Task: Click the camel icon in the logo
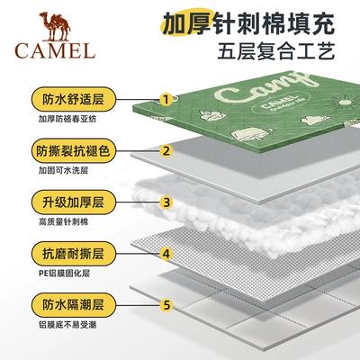point(55,26)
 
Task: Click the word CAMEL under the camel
point(55,50)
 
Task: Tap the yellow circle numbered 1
point(166,99)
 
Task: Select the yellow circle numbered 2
point(166,150)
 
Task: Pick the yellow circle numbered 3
point(166,202)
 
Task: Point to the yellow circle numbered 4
point(166,254)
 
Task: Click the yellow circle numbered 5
point(166,305)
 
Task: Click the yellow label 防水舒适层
point(74,99)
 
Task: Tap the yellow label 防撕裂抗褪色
point(74,150)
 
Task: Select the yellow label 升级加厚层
point(74,202)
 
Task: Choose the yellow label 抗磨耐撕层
point(74,254)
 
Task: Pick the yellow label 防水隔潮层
point(74,305)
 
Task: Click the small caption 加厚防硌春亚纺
point(67,119)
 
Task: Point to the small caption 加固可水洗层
point(63,171)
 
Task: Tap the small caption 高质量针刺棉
point(63,222)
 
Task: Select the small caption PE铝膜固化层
point(64,274)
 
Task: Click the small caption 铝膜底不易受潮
point(67,325)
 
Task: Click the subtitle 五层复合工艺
point(276,51)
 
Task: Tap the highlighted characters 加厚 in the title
point(187,23)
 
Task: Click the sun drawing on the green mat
point(344,101)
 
